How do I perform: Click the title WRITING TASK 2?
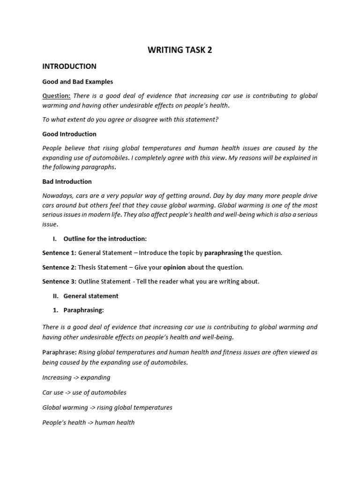[x=180, y=50]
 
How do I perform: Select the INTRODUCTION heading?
[x=69, y=67]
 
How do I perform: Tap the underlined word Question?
[x=56, y=96]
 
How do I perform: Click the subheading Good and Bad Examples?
[x=77, y=82]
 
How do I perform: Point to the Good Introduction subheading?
[x=69, y=134]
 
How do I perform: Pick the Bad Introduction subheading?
[x=67, y=181]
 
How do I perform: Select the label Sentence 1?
[x=59, y=253]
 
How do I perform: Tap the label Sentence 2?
[x=59, y=267]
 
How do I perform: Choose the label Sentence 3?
[x=59, y=282]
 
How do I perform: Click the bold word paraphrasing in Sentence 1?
[x=224, y=253]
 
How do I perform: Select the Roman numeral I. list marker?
[x=55, y=239]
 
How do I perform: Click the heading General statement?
[x=90, y=296]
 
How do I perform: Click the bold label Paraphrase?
[x=60, y=352]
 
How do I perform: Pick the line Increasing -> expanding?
[x=76, y=377]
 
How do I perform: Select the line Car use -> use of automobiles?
[x=84, y=392]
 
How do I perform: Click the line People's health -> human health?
[x=88, y=422]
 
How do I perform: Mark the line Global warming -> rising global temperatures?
[x=107, y=407]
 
